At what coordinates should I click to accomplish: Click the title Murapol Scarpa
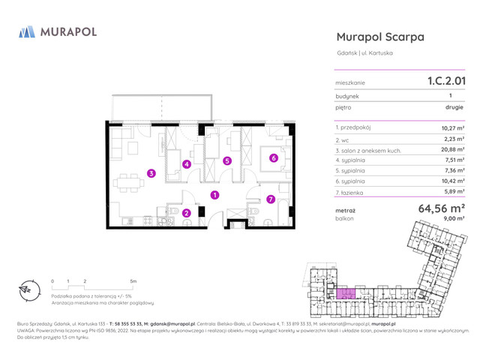tap(380, 36)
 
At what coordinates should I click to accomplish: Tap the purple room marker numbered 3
tap(151, 173)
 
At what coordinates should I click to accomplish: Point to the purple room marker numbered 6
tap(274, 157)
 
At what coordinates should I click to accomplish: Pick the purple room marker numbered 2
tap(187, 213)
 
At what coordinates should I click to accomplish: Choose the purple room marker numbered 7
tap(271, 199)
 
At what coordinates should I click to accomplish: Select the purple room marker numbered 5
tap(227, 160)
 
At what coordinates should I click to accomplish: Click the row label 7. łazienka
tap(353, 192)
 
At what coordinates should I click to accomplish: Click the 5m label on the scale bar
tap(133, 281)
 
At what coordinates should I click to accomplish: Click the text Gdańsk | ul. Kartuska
tap(364, 52)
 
